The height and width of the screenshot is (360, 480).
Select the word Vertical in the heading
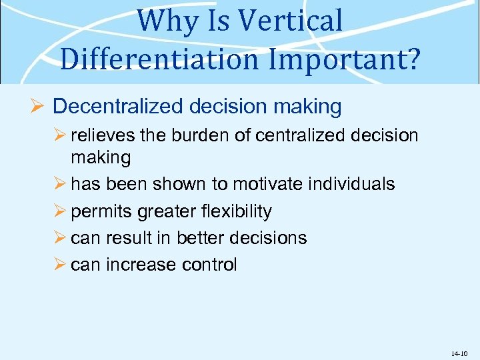coord(291,21)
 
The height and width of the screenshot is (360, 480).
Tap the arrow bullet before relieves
coord(61,137)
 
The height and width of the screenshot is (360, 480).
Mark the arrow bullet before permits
coord(61,211)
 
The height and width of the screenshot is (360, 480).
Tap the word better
coord(211,238)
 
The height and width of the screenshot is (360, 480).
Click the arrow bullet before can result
coord(61,238)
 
